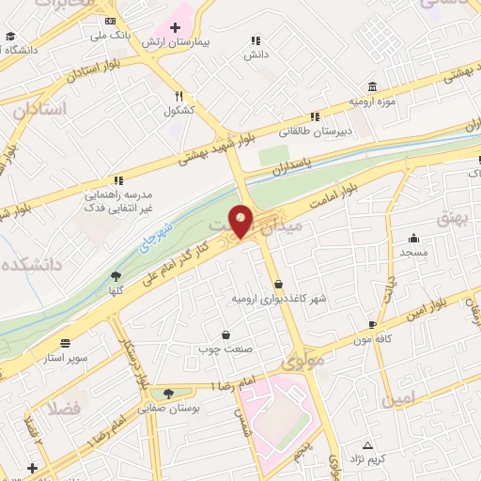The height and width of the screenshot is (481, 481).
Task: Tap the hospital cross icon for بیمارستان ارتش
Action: click(x=176, y=27)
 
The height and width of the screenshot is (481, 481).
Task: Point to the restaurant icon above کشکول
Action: click(x=178, y=95)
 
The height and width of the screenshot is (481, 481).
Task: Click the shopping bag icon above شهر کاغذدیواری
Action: click(x=278, y=284)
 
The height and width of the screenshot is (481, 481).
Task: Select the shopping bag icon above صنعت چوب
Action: click(x=225, y=334)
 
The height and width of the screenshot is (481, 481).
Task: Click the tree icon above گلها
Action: click(x=116, y=276)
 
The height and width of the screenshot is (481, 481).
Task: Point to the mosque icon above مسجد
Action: click(x=413, y=239)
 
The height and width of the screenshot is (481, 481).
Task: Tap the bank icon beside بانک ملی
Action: click(x=111, y=22)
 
